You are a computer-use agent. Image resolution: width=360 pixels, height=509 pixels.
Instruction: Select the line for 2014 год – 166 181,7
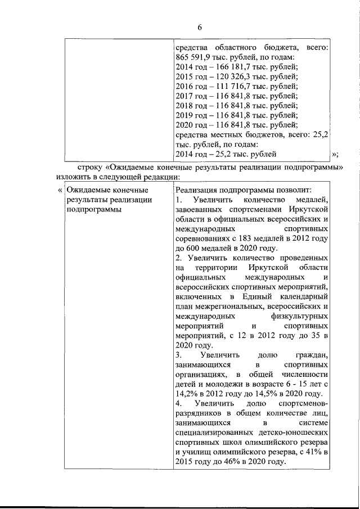coord(237,67)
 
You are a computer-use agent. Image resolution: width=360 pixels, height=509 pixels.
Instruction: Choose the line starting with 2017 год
coord(237,96)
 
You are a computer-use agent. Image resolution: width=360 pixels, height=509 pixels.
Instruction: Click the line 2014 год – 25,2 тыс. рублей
coord(226,153)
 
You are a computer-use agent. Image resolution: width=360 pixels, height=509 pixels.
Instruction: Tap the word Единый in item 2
coord(259,296)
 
